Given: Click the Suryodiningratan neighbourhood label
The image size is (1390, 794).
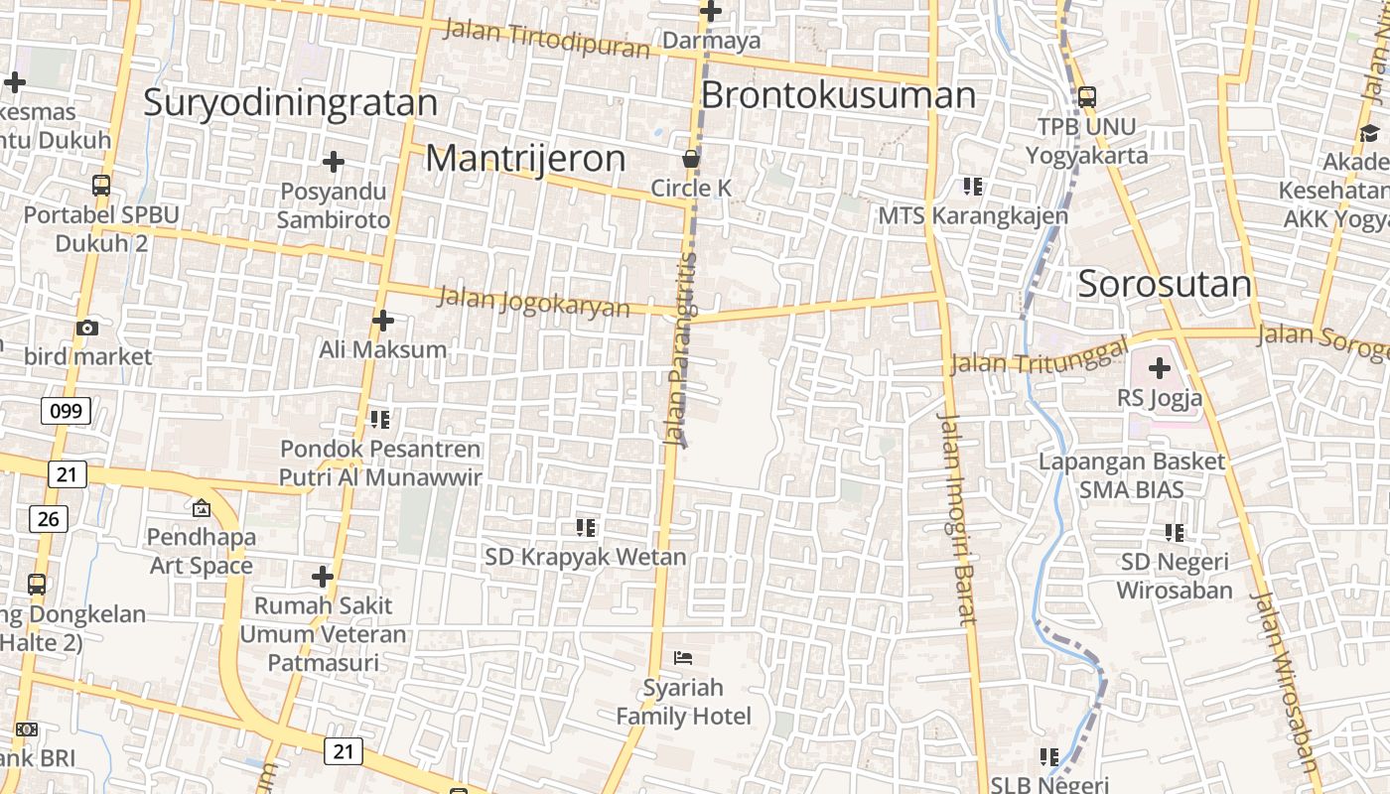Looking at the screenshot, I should point(290,103).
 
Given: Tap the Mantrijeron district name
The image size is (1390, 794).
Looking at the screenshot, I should point(525,159).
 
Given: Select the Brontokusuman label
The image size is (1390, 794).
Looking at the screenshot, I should point(838,95).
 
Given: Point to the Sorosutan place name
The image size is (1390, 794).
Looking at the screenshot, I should point(1165,284).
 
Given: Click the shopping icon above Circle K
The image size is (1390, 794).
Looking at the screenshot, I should point(691,159).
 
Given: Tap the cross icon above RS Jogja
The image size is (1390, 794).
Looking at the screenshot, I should point(1159,369).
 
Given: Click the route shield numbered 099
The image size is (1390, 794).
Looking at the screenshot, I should point(66,411).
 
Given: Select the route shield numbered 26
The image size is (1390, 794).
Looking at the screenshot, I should point(48,518).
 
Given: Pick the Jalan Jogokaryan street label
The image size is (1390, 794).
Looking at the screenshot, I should point(533,301).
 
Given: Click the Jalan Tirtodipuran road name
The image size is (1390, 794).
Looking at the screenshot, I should point(545,39).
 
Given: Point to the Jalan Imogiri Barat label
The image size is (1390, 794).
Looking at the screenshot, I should point(959,518).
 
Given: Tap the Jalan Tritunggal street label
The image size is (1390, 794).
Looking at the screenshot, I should point(1039,355).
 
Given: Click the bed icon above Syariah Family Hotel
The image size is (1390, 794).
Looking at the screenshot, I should point(683,657).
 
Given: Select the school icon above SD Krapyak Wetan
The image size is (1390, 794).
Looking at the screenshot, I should point(586,527).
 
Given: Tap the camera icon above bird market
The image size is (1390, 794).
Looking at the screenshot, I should point(87,328).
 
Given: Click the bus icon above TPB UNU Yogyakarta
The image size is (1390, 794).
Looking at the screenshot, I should point(1086,97).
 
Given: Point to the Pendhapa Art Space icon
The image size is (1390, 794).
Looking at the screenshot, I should point(202,508).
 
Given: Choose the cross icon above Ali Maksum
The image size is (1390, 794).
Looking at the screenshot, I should point(382,321).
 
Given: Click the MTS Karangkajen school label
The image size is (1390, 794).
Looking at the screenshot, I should point(973,215).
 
